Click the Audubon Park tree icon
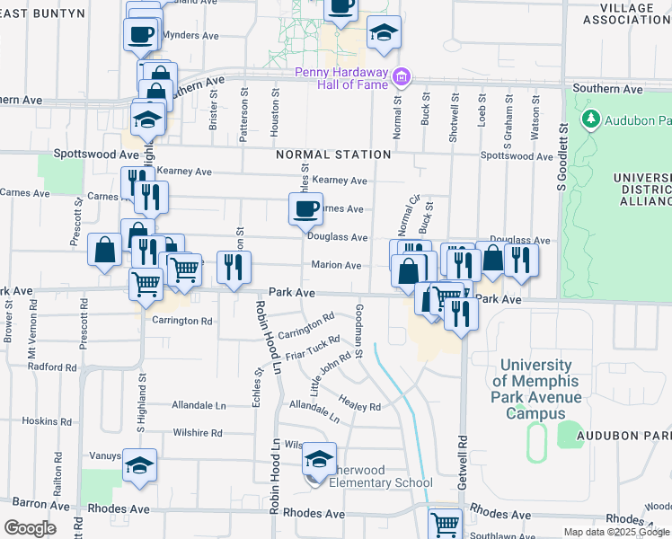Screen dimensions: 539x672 (591, 119)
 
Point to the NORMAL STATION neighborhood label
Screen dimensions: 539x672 (333, 155)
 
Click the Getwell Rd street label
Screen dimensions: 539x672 (464, 464)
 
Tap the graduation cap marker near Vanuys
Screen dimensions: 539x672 (139, 466)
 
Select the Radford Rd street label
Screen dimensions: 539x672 (52, 367)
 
